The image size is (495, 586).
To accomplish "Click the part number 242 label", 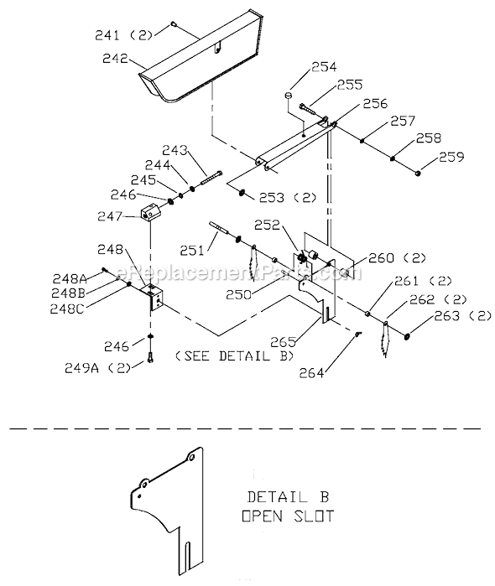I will click(x=116, y=59).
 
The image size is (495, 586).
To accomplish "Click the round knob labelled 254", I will click(x=289, y=96).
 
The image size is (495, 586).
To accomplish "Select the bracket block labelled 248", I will click(x=154, y=296).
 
